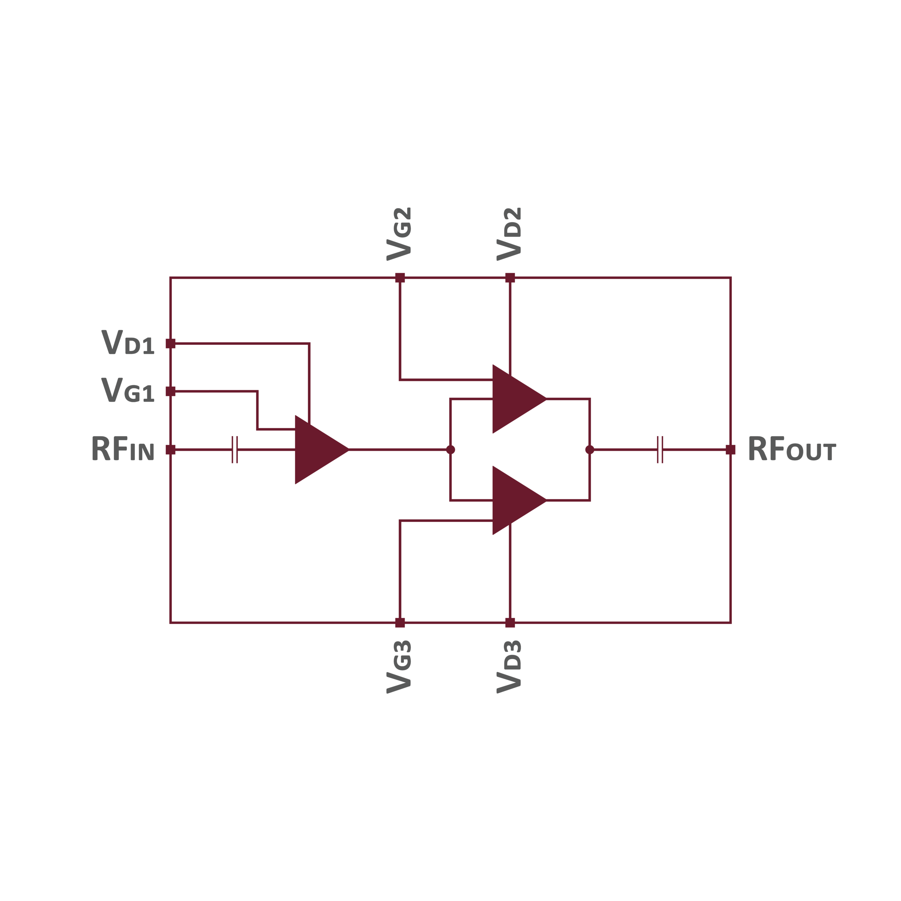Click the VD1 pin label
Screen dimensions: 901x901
click(x=128, y=343)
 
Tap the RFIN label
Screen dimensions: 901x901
click(x=122, y=449)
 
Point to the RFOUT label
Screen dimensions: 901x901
click(x=792, y=449)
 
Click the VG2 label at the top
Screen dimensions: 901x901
click(x=399, y=234)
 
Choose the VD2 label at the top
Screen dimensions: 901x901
click(x=509, y=234)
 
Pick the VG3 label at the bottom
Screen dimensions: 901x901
click(x=399, y=667)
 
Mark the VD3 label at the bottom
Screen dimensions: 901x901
click(x=509, y=667)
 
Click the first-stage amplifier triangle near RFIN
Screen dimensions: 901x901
click(x=317, y=449)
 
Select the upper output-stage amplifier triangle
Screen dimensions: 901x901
click(x=515, y=399)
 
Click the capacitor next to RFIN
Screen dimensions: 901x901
click(x=235, y=449)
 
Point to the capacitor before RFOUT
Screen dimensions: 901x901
click(x=660, y=449)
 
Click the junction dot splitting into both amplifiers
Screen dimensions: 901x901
click(x=450, y=449)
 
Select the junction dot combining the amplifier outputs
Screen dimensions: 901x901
click(x=590, y=449)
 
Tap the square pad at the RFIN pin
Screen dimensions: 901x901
click(x=171, y=449)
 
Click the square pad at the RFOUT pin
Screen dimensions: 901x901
click(x=730, y=449)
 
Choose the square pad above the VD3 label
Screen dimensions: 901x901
click(x=510, y=623)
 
